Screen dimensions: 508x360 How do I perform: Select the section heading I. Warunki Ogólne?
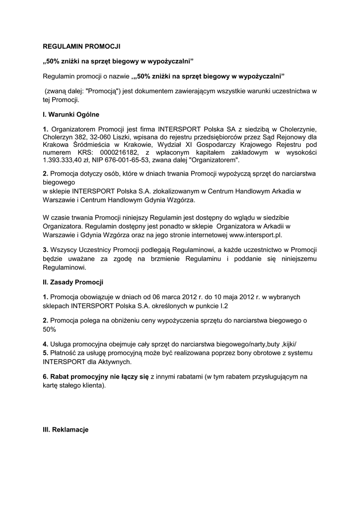click(71, 115)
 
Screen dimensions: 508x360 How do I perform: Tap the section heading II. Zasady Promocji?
click(73, 282)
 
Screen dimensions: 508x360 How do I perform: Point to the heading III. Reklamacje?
click(66, 430)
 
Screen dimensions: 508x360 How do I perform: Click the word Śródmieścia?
click(91, 144)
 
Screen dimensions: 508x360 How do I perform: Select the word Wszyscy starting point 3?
click(65, 249)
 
